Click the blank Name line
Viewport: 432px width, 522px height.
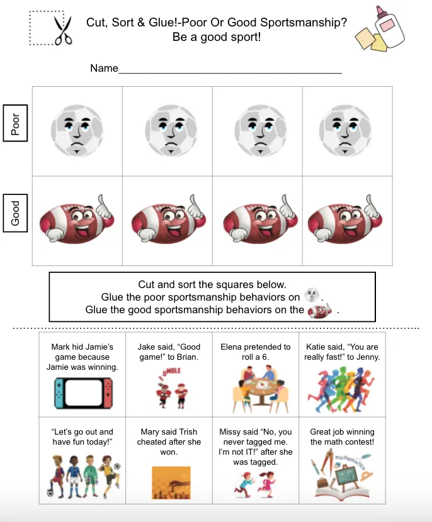pos(230,69)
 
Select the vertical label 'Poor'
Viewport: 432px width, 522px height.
pos(16,123)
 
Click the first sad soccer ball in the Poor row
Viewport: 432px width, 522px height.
pos(77,130)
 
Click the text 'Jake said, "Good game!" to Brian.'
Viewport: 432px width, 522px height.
pos(169,352)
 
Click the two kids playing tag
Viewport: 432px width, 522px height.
pos(256,485)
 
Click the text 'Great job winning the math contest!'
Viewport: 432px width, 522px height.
pos(342,436)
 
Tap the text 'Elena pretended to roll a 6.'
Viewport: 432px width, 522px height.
pos(256,352)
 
